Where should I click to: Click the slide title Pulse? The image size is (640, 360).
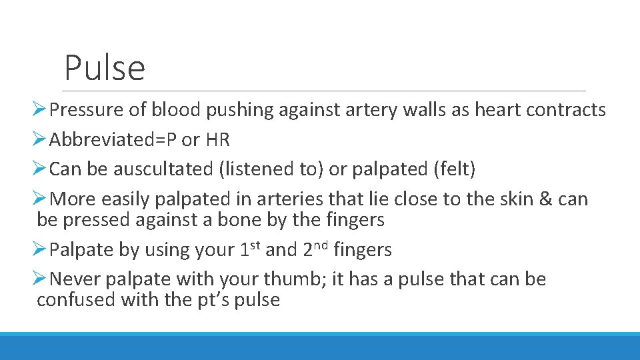(105, 68)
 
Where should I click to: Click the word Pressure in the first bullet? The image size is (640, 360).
(87, 110)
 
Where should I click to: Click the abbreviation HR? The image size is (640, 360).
(217, 140)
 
